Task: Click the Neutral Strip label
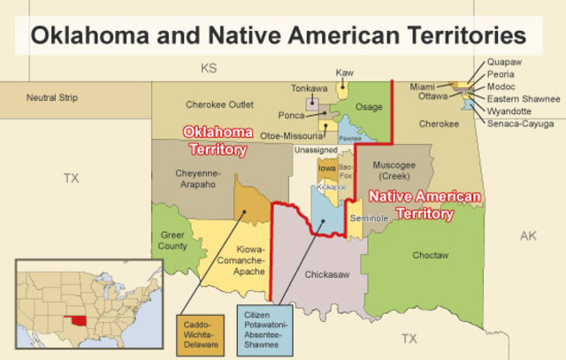[x=50, y=97]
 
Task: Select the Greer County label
[x=173, y=240]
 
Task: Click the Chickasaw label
[x=328, y=275]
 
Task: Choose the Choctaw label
[x=431, y=255]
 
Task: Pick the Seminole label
[x=368, y=218]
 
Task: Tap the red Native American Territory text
[x=424, y=204]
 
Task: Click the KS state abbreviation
[x=209, y=67]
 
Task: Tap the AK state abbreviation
[x=528, y=236]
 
